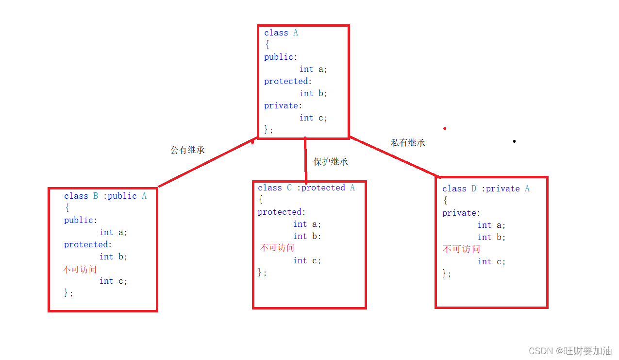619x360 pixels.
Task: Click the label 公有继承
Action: click(x=187, y=150)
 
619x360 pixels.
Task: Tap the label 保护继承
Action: click(x=331, y=162)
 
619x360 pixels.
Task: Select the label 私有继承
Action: click(x=408, y=143)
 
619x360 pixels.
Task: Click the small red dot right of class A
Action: click(x=444, y=129)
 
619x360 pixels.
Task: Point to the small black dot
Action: click(x=514, y=141)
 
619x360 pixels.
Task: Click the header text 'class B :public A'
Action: click(x=105, y=196)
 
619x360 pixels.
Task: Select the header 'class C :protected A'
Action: click(x=306, y=188)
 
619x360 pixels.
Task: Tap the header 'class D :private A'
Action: click(x=485, y=189)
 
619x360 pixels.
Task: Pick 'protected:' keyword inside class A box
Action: click(x=288, y=81)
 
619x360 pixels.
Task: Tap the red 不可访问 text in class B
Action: click(x=80, y=269)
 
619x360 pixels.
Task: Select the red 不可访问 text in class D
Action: click(x=461, y=249)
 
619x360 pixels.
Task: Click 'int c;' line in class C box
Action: click(x=307, y=260)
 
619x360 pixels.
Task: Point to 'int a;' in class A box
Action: click(x=313, y=69)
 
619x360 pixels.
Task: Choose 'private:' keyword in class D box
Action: click(x=461, y=213)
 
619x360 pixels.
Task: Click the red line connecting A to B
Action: click(x=206, y=163)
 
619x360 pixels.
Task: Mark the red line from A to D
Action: click(x=393, y=157)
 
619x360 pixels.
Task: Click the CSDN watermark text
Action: click(x=570, y=351)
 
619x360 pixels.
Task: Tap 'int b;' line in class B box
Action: click(x=113, y=257)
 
